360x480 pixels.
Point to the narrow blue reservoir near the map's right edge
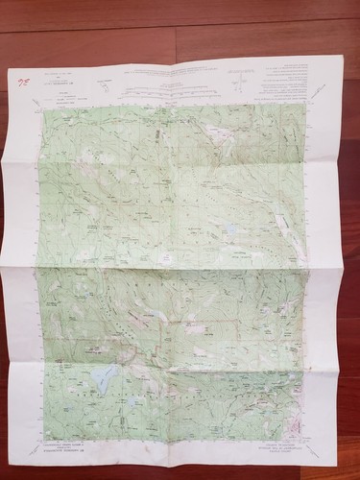285,223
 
